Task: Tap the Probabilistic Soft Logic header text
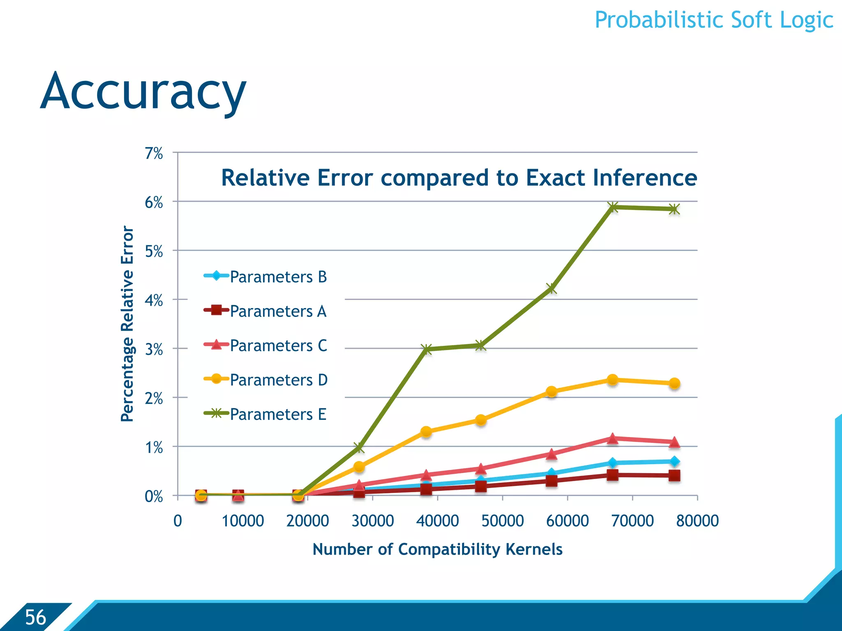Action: pos(714,20)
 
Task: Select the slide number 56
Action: pos(35,617)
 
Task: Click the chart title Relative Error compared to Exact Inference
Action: pos(459,178)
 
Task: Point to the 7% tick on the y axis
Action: pos(154,154)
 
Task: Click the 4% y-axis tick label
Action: pos(154,301)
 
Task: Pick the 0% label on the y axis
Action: pos(154,497)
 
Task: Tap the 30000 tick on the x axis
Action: pos(372,521)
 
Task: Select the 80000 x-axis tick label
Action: pos(697,521)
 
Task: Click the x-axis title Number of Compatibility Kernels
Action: pos(437,549)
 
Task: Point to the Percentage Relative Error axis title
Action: pos(127,324)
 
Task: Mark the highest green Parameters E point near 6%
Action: pos(613,207)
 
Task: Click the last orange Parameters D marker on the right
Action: pos(674,383)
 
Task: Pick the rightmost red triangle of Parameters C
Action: pos(674,442)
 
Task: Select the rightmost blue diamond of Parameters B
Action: pos(674,461)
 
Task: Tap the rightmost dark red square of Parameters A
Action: pos(674,476)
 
